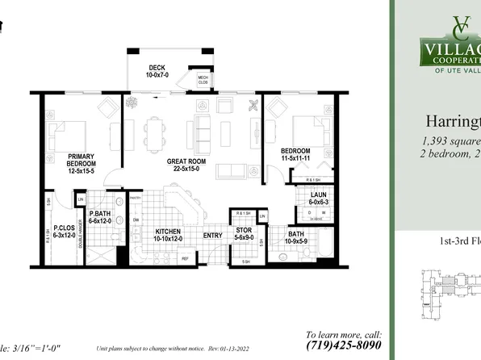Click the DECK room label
[157, 68]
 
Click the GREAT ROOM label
[189, 161]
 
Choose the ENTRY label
[213, 235]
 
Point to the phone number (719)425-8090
[343, 346]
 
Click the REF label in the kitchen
[185, 258]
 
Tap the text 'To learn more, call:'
[343, 333]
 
